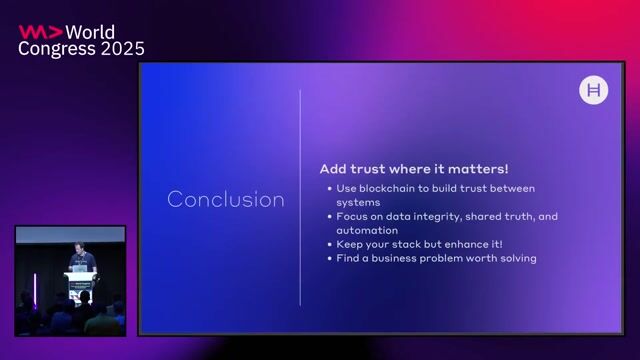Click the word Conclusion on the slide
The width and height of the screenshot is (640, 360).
225,199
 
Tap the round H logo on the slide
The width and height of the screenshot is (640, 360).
594,91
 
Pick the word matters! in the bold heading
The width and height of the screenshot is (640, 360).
480,169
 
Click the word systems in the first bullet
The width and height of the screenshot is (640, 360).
357,202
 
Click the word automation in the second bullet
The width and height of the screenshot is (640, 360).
367,230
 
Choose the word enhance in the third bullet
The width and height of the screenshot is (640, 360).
465,244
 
